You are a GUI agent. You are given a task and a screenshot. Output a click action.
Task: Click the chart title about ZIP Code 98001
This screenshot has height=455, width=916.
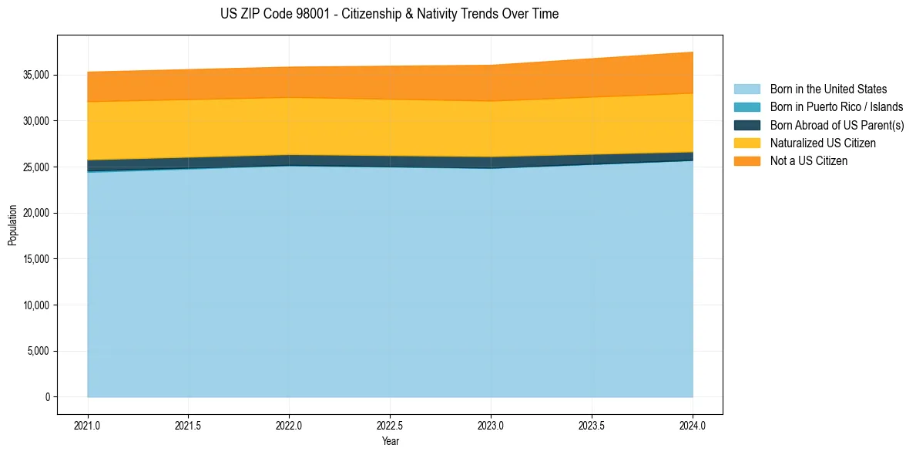(x=389, y=14)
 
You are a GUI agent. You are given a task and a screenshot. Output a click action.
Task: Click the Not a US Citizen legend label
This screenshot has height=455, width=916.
(x=809, y=161)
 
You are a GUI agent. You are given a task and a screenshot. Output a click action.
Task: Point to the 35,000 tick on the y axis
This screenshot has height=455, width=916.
(x=36, y=75)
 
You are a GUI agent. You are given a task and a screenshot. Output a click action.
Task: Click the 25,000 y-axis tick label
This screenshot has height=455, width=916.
(x=36, y=167)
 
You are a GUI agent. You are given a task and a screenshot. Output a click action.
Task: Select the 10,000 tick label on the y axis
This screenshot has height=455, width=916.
(x=36, y=305)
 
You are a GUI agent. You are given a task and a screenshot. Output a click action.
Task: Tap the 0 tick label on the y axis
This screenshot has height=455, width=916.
(x=47, y=397)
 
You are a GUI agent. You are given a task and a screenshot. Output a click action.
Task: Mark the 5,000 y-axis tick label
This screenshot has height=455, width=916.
(x=39, y=352)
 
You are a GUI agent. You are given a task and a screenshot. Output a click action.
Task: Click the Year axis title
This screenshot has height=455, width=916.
(x=390, y=442)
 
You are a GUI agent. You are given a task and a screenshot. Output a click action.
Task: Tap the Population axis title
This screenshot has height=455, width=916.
(x=12, y=225)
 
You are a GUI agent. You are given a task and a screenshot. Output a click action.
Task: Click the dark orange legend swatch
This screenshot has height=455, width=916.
(x=747, y=161)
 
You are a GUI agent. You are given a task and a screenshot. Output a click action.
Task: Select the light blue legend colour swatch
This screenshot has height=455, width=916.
(x=747, y=89)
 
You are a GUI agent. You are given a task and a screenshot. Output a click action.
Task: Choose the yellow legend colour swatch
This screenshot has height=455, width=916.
(x=747, y=143)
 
